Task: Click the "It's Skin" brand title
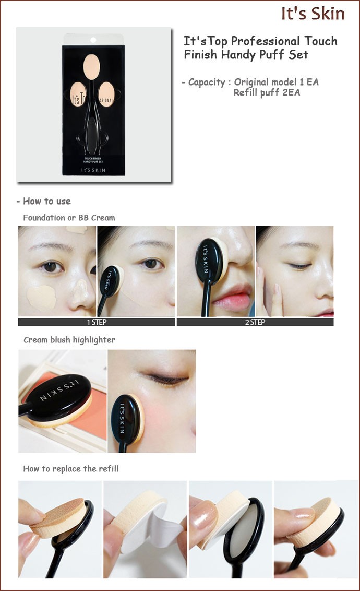click(x=313, y=14)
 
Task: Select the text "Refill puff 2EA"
click(x=267, y=93)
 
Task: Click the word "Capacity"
click(x=207, y=82)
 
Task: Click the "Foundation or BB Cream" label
click(x=69, y=218)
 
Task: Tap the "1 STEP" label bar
click(x=97, y=322)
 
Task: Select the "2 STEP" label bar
click(x=255, y=322)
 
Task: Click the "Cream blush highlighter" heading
click(x=69, y=339)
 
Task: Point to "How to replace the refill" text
click(x=71, y=468)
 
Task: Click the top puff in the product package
click(x=91, y=67)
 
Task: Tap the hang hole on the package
click(x=93, y=40)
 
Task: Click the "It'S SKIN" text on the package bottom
click(x=93, y=170)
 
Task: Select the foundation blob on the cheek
click(x=41, y=297)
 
